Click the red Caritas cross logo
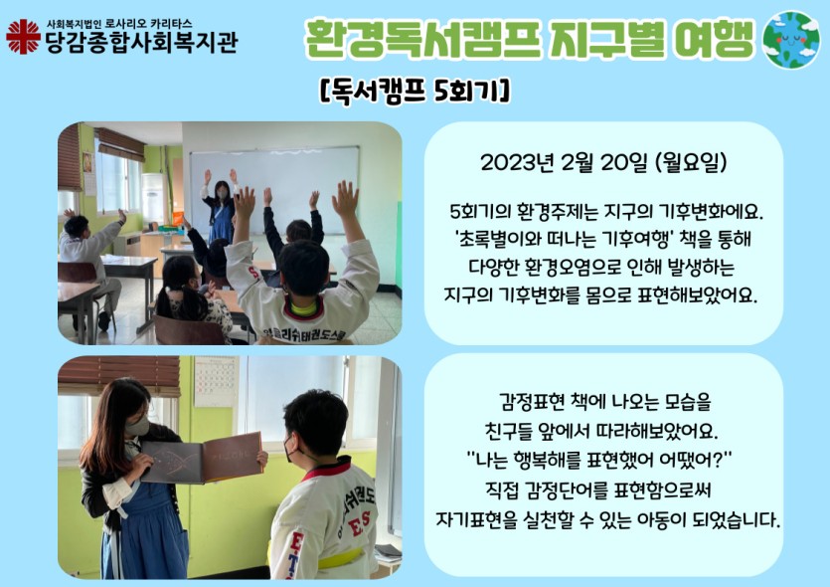pyautogui.click(x=23, y=37)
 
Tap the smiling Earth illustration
pyautogui.click(x=790, y=40)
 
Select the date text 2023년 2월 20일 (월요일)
pyautogui.click(x=603, y=162)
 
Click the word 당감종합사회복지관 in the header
pyautogui.click(x=142, y=43)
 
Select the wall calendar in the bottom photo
pyautogui.click(x=217, y=381)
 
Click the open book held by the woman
pyautogui.click(x=202, y=458)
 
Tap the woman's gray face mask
pyautogui.click(x=137, y=426)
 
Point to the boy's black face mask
pyautogui.click(x=290, y=449)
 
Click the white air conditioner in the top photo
pyautogui.click(x=152, y=198)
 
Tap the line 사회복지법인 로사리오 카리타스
pyautogui.click(x=119, y=24)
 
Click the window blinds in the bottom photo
pyautogui.click(x=119, y=375)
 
